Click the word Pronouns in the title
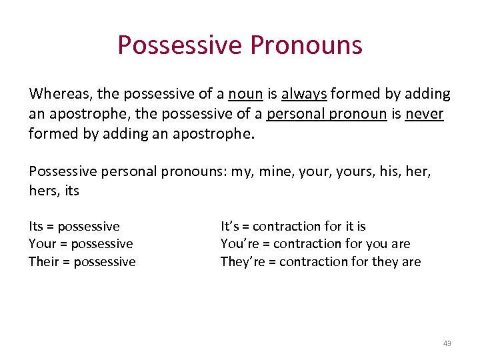coord(307,45)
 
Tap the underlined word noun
coord(245,94)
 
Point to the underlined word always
coord(304,94)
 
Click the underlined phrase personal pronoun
coord(327,114)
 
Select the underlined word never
coord(424,114)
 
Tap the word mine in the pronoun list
coord(275,171)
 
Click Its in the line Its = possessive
coord(36,227)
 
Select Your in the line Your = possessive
coord(43,244)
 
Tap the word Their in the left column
coord(44,261)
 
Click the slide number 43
coord(447,343)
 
